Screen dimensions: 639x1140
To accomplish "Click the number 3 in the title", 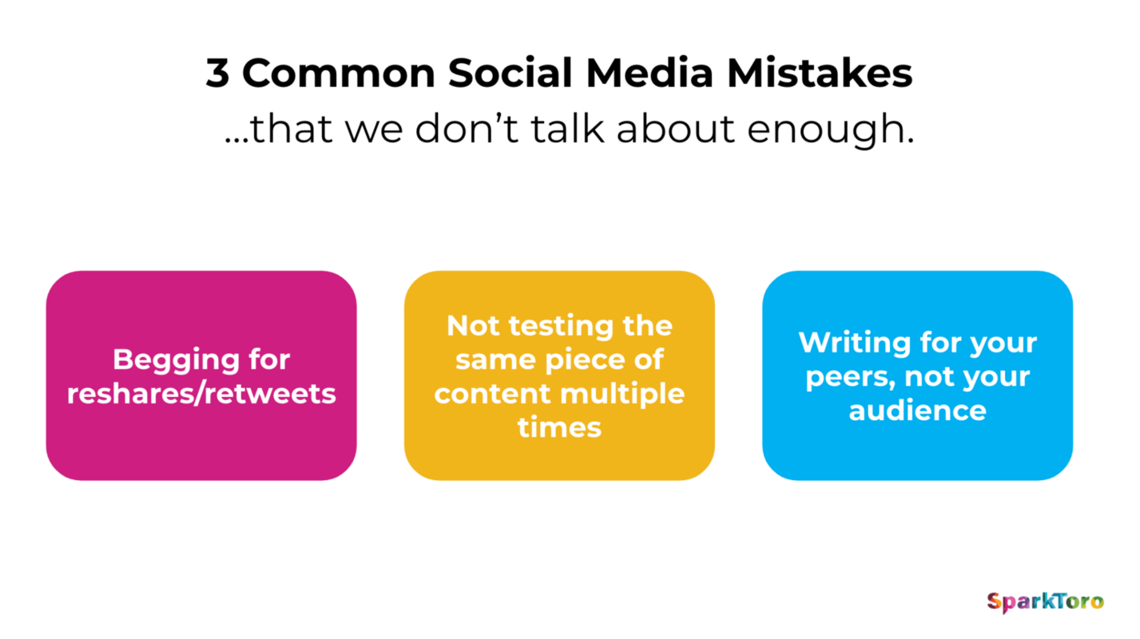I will pos(217,73).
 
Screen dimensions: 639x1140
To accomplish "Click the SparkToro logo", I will pos(1044,601).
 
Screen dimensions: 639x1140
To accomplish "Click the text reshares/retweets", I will pos(201,394).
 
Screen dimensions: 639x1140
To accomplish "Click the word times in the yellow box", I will pos(559,427).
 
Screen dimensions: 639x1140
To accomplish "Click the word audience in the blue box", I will pos(917,411).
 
